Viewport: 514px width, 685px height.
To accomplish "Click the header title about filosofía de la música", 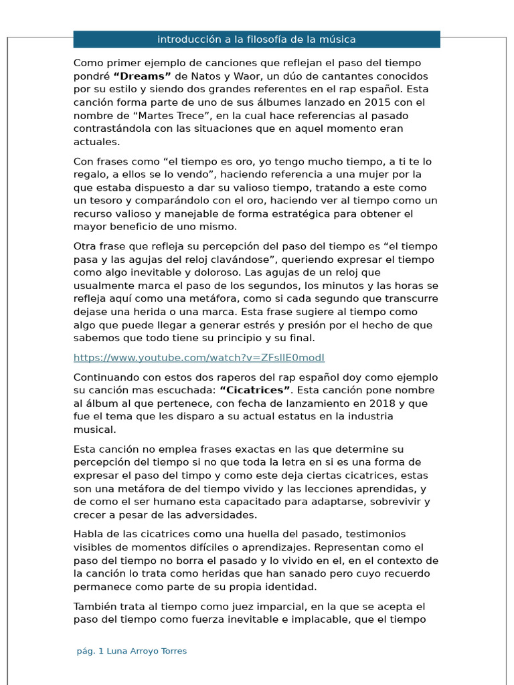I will tap(256, 39).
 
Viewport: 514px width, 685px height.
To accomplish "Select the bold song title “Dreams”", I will tap(143, 76).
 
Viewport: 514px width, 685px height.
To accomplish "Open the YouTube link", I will tap(199, 357).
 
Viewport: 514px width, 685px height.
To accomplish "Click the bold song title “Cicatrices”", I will tap(255, 390).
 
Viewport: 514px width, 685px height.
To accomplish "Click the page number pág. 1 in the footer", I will tap(90, 651).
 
